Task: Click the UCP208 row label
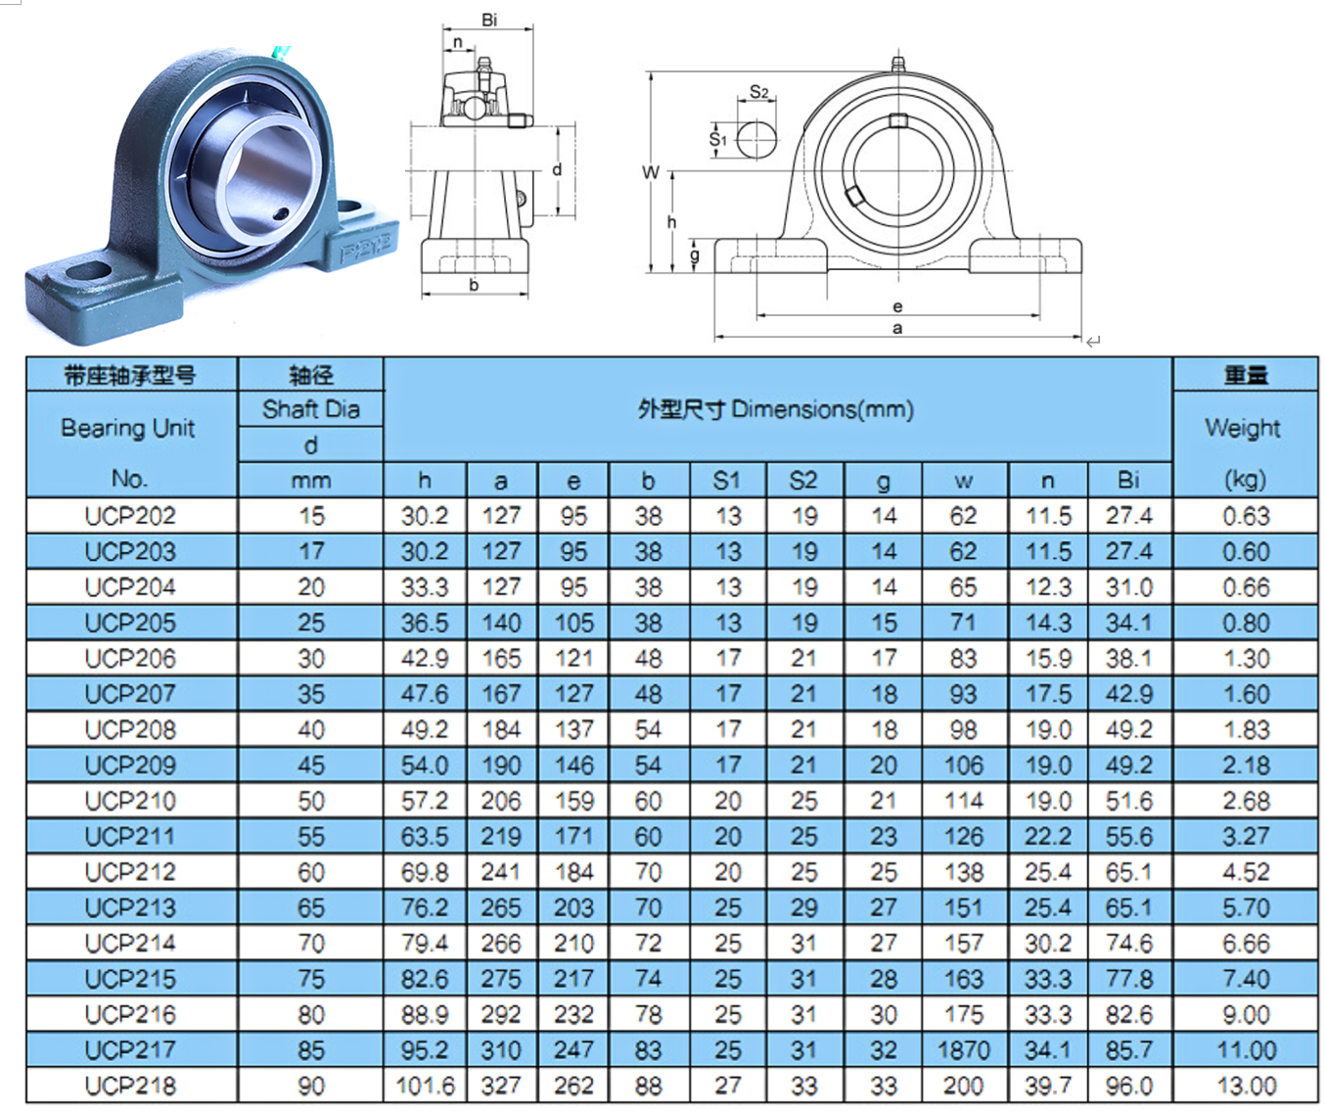pyautogui.click(x=130, y=729)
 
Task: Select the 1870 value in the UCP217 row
pyautogui.click(x=963, y=1050)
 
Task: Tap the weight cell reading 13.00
pyautogui.click(x=1246, y=1086)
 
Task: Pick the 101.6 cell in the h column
pyautogui.click(x=425, y=1086)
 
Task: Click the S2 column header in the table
pyautogui.click(x=802, y=480)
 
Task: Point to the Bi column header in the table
pyautogui.click(x=1127, y=480)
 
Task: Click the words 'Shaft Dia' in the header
pyautogui.click(x=310, y=409)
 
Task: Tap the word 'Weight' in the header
pyautogui.click(x=1243, y=428)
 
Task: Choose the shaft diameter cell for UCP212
pyautogui.click(x=310, y=872)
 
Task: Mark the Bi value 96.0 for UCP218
pyautogui.click(x=1128, y=1086)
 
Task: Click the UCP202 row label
pyautogui.click(x=130, y=516)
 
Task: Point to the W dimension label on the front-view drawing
pyautogui.click(x=650, y=173)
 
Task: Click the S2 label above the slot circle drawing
pyautogui.click(x=758, y=92)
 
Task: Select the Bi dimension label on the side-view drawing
pyautogui.click(x=489, y=20)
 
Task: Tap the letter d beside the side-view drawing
pyautogui.click(x=557, y=169)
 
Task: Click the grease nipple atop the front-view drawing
pyautogui.click(x=897, y=65)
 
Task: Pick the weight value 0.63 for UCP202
pyautogui.click(x=1246, y=516)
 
